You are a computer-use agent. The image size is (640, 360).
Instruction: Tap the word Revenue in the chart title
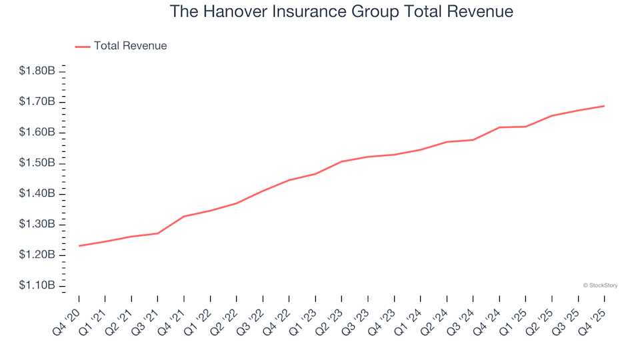point(482,11)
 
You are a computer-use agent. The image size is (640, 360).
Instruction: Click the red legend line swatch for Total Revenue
point(83,46)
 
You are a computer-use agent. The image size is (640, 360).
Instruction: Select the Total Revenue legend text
point(130,46)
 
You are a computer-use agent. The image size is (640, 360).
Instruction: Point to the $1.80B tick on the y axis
point(36,71)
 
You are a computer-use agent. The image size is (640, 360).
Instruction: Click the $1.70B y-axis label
point(36,101)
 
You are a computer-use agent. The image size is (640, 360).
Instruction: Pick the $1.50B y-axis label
point(36,163)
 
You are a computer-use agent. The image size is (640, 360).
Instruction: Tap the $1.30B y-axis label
point(36,224)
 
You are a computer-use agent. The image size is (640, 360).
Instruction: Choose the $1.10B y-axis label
point(36,285)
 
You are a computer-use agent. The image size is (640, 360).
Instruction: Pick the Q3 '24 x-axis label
point(462,314)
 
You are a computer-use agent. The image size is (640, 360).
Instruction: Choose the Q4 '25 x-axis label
point(593,314)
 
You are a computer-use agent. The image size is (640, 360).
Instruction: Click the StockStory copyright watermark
point(600,285)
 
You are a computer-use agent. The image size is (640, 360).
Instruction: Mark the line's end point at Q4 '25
point(604,106)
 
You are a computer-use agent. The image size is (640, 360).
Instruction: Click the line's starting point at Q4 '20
point(79,246)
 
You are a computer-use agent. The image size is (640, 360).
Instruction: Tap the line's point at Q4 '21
point(184,216)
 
